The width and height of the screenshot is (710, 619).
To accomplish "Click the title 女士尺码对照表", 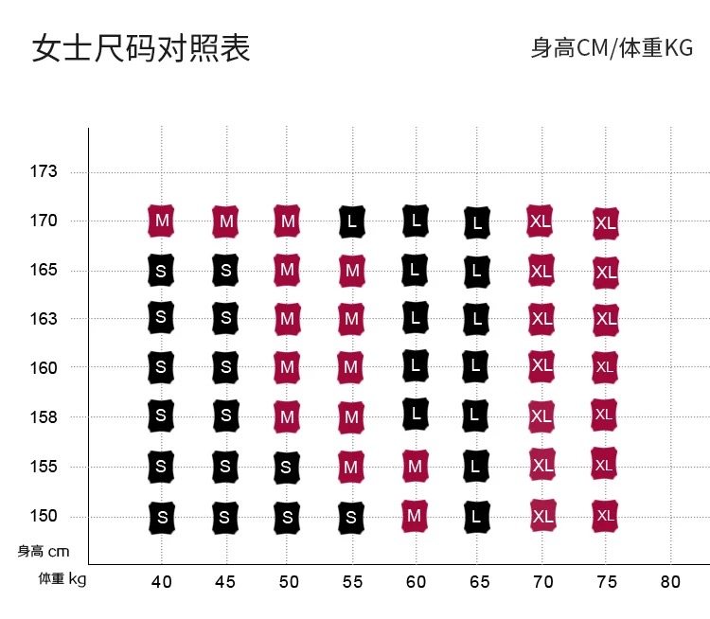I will pyautogui.click(x=141, y=48).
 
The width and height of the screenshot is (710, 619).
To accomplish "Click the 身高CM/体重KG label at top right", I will pyautogui.click(x=612, y=48).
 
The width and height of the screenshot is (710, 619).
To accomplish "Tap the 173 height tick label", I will pyautogui.click(x=44, y=172).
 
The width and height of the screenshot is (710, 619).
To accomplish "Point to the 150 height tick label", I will pyautogui.click(x=44, y=516).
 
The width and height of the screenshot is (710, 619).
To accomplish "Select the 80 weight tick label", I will pyautogui.click(x=669, y=581).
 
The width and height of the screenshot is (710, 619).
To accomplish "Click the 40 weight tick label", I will pyautogui.click(x=162, y=581).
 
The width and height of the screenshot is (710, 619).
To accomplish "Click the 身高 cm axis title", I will pyautogui.click(x=44, y=551).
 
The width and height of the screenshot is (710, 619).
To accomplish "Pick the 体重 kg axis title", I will pyautogui.click(x=62, y=578).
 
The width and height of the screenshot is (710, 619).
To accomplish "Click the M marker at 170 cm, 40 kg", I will pyautogui.click(x=162, y=221).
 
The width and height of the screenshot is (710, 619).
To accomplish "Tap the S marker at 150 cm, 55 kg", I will pyautogui.click(x=351, y=517).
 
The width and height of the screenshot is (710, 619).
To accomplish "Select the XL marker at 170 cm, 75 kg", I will pyautogui.click(x=605, y=223).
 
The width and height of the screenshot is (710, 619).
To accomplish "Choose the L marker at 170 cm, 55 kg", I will pyautogui.click(x=352, y=222).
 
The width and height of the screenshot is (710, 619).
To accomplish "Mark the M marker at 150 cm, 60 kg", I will pyautogui.click(x=414, y=515).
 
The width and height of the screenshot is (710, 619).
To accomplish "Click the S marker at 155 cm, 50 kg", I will pyautogui.click(x=287, y=467).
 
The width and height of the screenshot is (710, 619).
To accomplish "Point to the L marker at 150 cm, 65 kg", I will pyautogui.click(x=478, y=517).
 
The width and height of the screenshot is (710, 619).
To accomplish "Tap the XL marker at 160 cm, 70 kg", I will pyautogui.click(x=541, y=364).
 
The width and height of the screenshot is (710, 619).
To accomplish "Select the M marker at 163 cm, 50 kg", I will pyautogui.click(x=287, y=319).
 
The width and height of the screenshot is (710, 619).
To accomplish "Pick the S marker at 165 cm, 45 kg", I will pyautogui.click(x=225, y=270).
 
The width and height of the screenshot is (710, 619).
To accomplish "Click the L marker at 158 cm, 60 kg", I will pyautogui.click(x=414, y=414).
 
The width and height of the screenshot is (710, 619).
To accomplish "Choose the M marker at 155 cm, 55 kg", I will pyautogui.click(x=351, y=467).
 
